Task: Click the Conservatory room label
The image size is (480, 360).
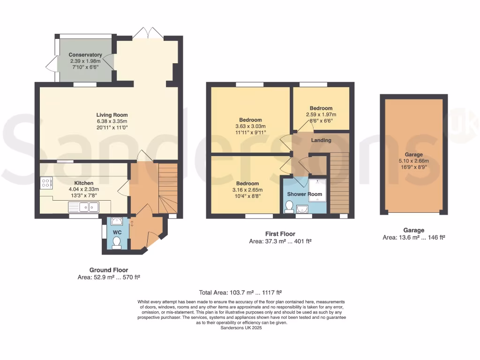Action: point(85,55)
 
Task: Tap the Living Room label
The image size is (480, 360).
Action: point(112,115)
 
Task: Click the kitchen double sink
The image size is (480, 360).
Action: point(83,207)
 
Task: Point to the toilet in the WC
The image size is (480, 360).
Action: point(117,243)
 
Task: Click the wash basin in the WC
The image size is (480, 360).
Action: point(117,221)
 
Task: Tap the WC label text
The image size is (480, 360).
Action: point(117,232)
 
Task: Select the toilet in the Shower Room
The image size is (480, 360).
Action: point(288,207)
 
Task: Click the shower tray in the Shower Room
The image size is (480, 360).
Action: point(317,190)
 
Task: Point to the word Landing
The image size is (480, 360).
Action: point(321,140)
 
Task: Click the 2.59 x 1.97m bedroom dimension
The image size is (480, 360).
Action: point(321,114)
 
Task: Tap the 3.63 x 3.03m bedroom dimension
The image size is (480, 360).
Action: point(250,126)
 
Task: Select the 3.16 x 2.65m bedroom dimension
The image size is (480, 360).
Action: point(247,190)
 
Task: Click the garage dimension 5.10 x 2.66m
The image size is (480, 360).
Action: point(413,161)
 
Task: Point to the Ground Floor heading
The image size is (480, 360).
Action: point(109,270)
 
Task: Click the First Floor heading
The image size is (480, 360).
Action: point(280,234)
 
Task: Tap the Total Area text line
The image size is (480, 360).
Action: point(240,292)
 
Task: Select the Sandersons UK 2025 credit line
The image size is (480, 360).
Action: point(241,328)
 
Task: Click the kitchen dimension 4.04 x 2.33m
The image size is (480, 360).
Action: point(83,189)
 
